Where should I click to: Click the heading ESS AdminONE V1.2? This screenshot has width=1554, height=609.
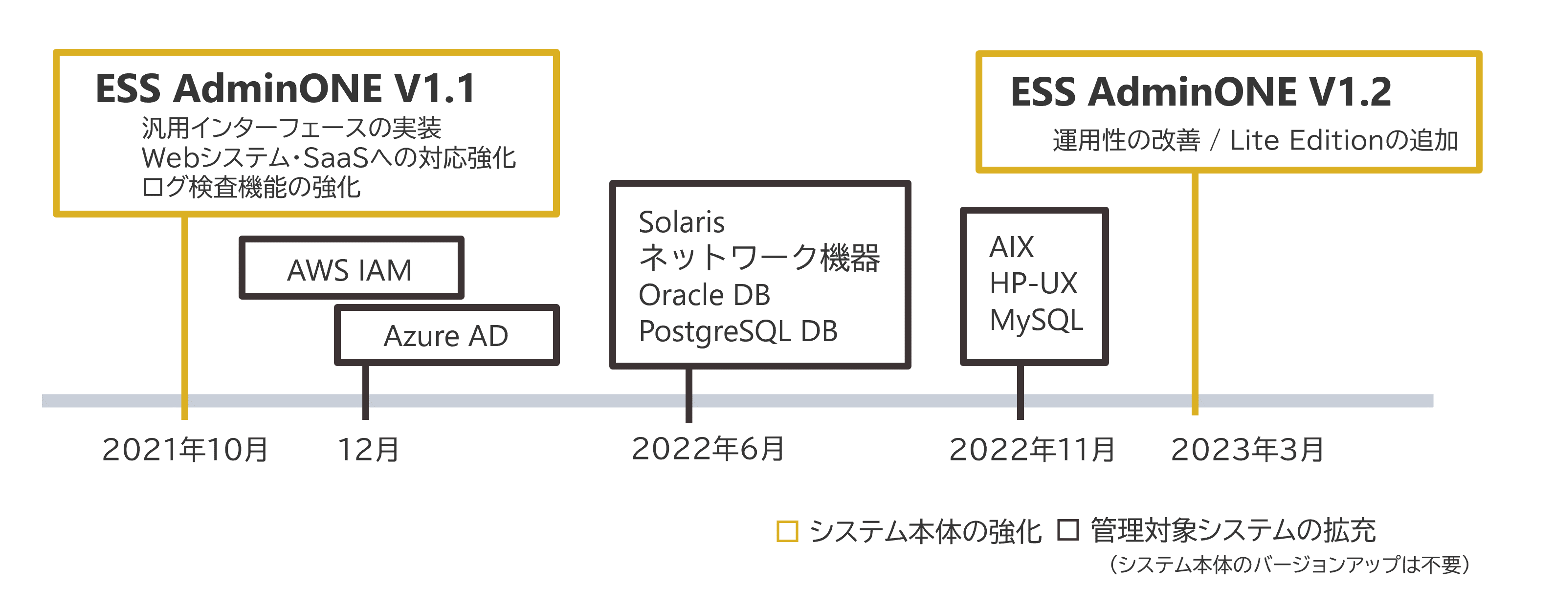pyautogui.click(x=1200, y=92)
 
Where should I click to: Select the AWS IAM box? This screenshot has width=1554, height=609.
pyautogui.click(x=351, y=269)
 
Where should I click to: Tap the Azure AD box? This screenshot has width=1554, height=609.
pyautogui.click(x=446, y=335)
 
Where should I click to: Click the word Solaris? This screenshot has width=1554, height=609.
pyautogui.click(x=682, y=222)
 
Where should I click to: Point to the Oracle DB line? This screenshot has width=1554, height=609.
pyautogui.click(x=704, y=295)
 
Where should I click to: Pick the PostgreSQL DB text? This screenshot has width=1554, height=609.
pyautogui.click(x=738, y=331)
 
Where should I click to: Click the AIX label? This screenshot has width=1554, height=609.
pyautogui.click(x=1012, y=247)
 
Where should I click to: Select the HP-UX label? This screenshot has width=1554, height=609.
pyautogui.click(x=1033, y=283)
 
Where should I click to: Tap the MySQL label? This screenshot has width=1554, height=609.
pyautogui.click(x=1036, y=320)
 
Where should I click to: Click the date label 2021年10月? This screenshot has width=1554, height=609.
pyautogui.click(x=185, y=449)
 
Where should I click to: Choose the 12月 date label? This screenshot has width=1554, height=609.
pyautogui.click(x=369, y=449)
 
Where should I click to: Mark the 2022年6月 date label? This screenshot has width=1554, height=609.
pyautogui.click(x=708, y=449)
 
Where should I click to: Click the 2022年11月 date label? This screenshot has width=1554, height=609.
pyautogui.click(x=1032, y=449)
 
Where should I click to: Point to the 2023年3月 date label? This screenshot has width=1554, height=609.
pyautogui.click(x=1247, y=449)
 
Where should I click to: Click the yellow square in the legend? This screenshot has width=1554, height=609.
pyautogui.click(x=787, y=531)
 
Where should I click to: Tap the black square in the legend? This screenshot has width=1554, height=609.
pyautogui.click(x=1068, y=530)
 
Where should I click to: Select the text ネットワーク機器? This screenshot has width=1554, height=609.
pyautogui.click(x=759, y=258)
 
